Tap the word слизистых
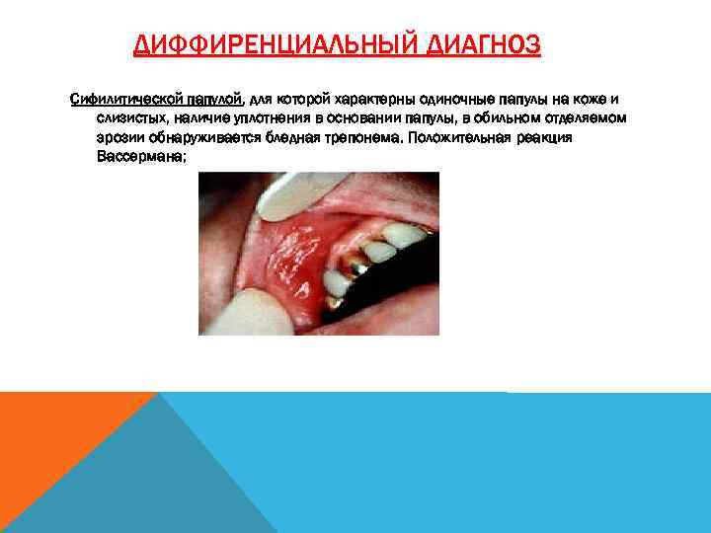click(135, 118)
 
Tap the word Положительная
click(456, 138)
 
